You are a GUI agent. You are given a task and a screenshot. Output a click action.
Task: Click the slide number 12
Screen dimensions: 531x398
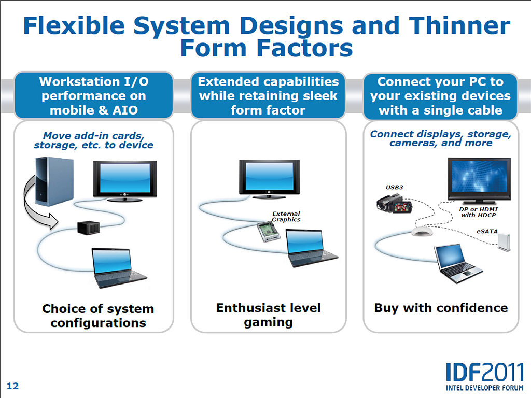13,386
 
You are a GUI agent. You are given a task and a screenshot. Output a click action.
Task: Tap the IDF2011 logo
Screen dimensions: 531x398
485,377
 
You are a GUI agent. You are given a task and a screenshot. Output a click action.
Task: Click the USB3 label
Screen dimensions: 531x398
395,187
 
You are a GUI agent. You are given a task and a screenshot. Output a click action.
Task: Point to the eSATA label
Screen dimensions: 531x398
487,232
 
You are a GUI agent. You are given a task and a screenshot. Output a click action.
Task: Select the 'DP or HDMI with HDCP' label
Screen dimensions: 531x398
479,212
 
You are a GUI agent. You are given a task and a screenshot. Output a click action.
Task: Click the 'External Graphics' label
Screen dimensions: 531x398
286,217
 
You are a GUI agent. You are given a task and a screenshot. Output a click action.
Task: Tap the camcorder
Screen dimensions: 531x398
394,204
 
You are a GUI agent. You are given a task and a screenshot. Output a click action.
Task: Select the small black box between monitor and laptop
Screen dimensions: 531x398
88,228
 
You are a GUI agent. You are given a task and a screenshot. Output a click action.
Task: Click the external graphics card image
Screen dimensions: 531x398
269,232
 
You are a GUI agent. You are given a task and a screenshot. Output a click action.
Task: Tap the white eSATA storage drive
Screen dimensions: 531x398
504,243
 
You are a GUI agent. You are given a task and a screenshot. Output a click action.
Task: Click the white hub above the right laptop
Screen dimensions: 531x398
422,232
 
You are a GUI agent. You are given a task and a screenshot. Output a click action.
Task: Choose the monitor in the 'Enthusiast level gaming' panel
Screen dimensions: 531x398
269,179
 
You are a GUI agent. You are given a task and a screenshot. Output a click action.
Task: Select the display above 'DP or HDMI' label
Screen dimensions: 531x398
479,180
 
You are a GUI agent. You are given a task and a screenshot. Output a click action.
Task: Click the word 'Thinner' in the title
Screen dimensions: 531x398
459,26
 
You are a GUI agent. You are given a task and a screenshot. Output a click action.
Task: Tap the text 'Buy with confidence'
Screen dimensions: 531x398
441,308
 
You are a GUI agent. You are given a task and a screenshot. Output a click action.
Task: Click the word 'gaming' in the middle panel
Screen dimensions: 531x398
268,323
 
